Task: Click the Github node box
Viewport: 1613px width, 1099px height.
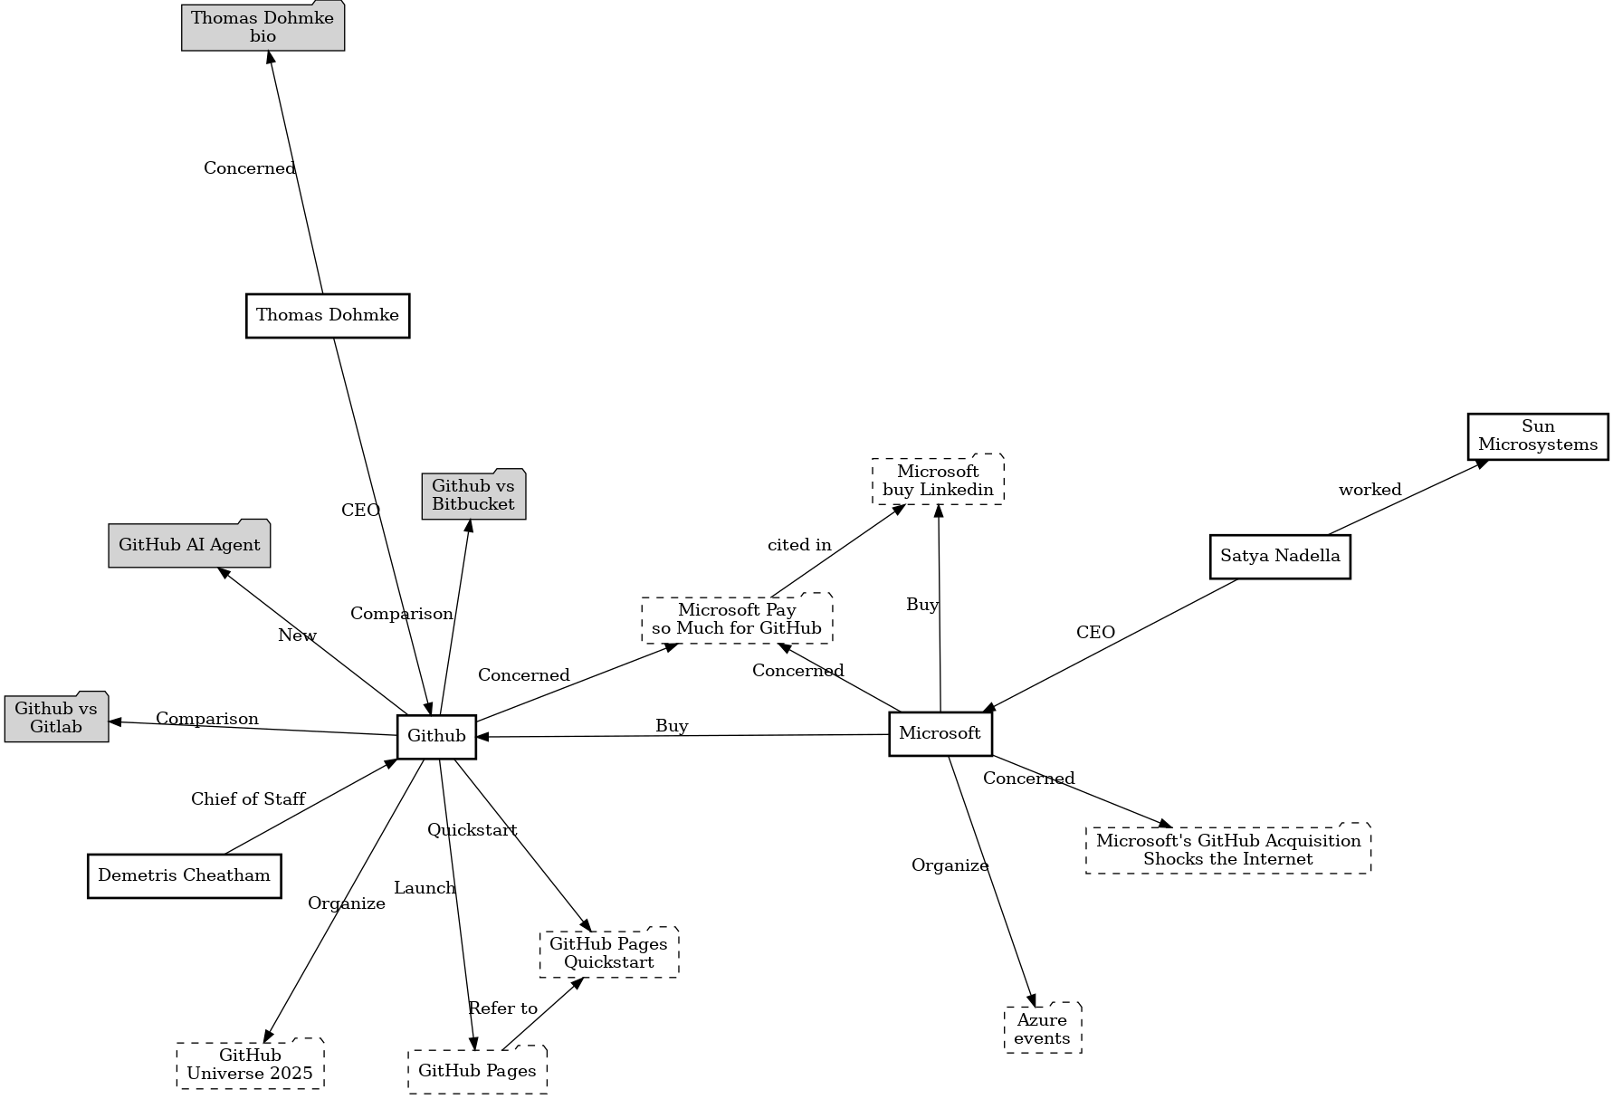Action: (436, 736)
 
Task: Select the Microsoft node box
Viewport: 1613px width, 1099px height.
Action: (940, 733)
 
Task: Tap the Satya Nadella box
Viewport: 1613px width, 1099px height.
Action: (1280, 556)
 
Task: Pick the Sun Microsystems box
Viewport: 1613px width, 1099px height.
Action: (1538, 436)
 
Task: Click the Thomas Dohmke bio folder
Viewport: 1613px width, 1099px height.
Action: (262, 27)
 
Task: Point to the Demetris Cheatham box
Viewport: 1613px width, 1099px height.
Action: (184, 875)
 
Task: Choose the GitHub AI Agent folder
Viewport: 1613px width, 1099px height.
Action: (189, 544)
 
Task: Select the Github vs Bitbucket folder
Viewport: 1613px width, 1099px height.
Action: (473, 495)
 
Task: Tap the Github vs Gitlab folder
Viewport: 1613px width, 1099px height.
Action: (56, 717)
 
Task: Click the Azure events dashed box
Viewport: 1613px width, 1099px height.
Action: (1042, 1028)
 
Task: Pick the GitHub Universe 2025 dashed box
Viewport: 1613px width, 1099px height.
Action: (250, 1065)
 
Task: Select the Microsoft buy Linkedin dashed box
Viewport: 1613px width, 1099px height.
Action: (938, 481)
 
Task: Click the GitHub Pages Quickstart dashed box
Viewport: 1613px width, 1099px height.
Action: (608, 952)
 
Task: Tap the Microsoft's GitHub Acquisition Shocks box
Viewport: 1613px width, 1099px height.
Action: (1228, 849)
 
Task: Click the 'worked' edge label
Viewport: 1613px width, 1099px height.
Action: (1370, 490)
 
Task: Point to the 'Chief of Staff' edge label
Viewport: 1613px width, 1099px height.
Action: (248, 799)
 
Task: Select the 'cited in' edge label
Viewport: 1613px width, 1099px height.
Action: (799, 545)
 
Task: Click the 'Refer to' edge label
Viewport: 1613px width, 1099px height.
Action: (502, 1008)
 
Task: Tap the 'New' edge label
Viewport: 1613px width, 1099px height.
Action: (297, 636)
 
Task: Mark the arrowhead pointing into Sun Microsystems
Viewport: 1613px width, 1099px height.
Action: (1481, 464)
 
